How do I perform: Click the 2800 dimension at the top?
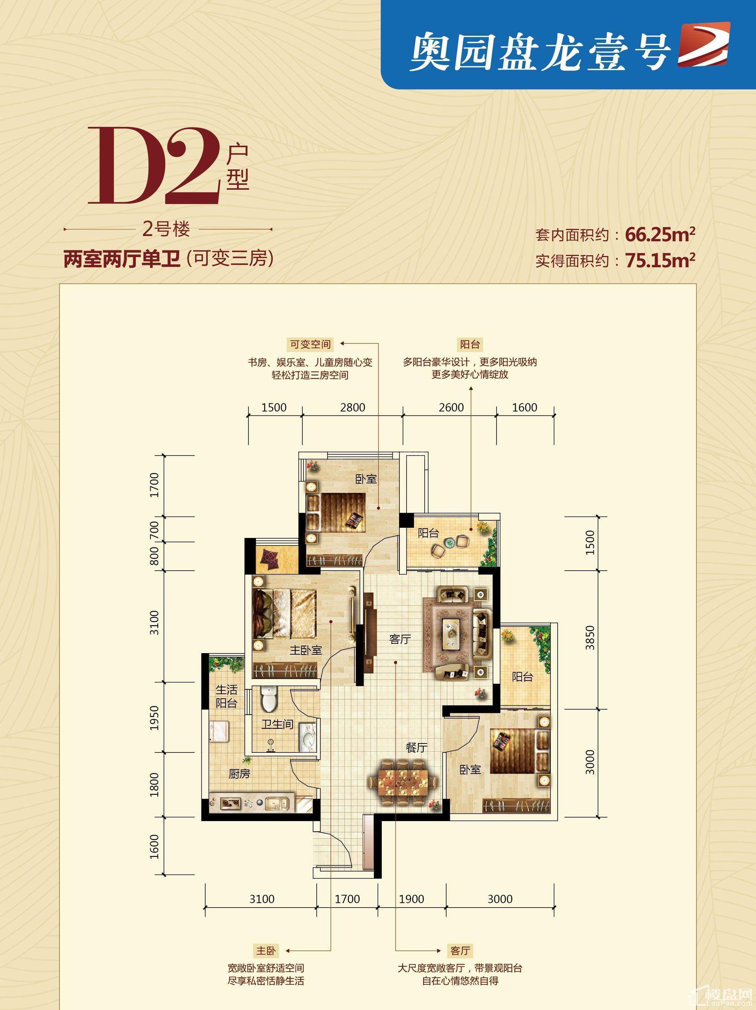point(353,407)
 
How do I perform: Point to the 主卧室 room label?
point(306,650)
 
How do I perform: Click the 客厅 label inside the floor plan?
point(400,639)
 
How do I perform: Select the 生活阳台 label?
point(226,696)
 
